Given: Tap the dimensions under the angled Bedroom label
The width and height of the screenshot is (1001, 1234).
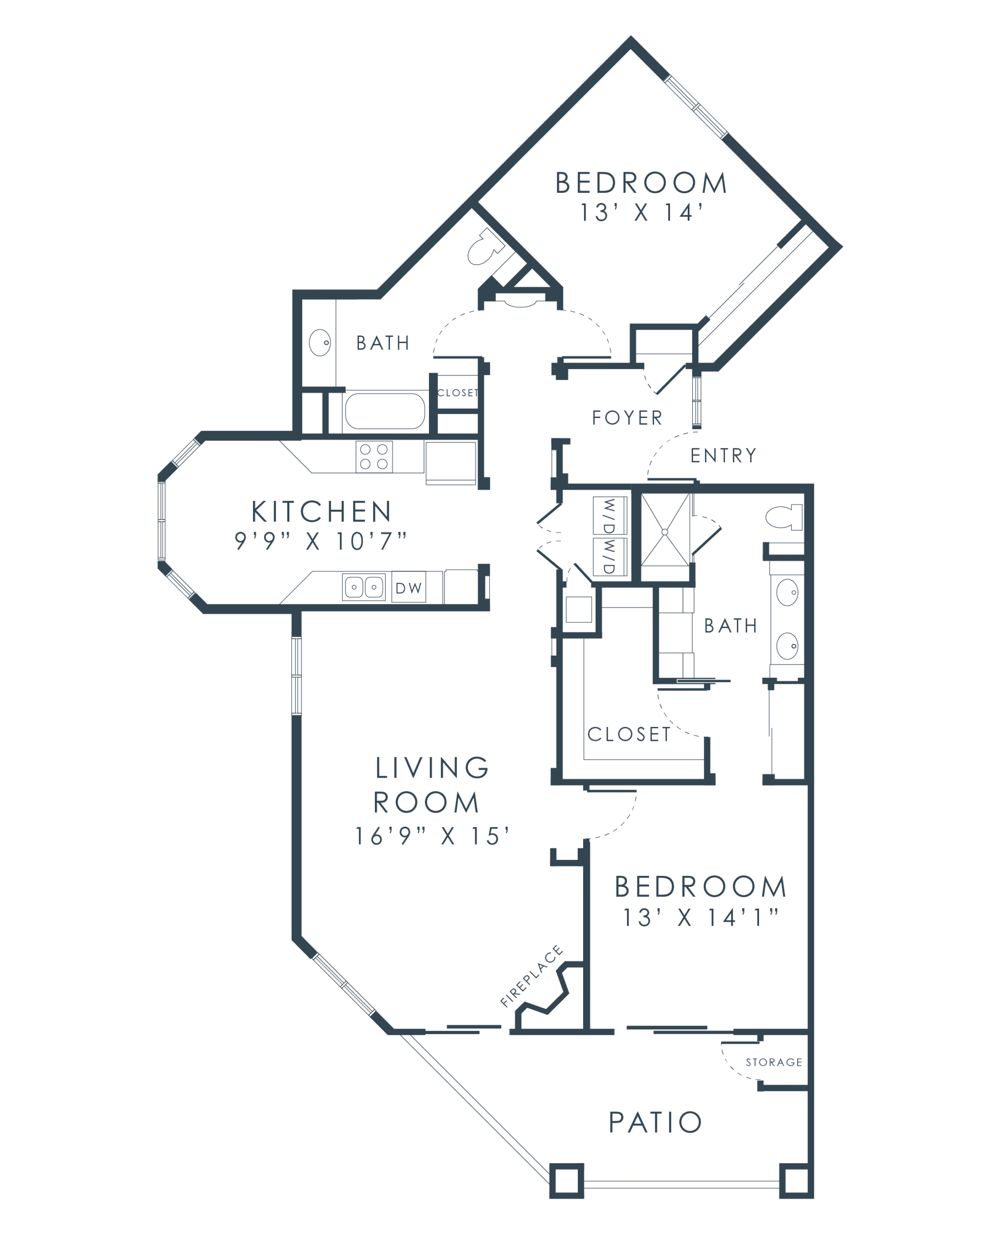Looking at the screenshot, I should pyautogui.click(x=639, y=212).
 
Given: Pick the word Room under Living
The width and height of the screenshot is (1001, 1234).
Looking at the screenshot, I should pyautogui.click(x=427, y=802).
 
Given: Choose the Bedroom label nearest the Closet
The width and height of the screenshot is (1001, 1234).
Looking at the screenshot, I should pyautogui.click(x=707, y=888).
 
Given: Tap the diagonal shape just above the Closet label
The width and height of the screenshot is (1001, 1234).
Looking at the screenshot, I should pyautogui.click(x=749, y=1067).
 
